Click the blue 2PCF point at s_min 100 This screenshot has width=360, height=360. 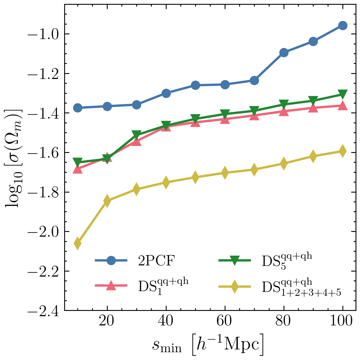[342, 26]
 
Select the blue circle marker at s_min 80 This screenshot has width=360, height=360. [284, 52]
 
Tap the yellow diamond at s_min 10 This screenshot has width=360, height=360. [78, 243]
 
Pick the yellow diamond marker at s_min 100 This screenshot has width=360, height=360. [342, 151]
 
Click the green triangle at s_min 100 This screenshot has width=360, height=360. [342, 94]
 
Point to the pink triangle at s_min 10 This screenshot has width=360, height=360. [78, 169]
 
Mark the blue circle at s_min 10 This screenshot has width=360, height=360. [78, 108]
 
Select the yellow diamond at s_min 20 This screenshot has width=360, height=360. [107, 201]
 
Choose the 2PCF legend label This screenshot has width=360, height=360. [157, 261]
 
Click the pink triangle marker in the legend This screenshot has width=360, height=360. [111, 286]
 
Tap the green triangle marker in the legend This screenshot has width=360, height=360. [234, 261]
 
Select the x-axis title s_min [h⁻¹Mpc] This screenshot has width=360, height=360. [208, 345]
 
